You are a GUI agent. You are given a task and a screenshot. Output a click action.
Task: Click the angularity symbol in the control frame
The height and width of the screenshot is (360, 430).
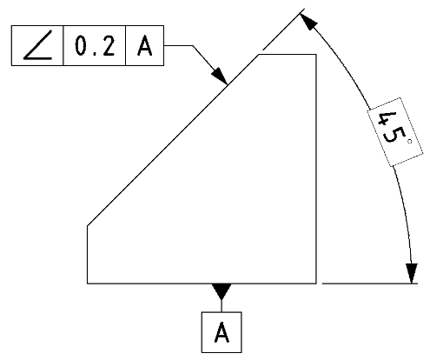point(37,45)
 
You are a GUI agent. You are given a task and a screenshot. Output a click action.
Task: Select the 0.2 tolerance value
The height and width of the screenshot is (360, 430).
point(95,45)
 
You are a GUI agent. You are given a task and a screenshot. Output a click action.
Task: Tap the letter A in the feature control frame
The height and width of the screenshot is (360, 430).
point(144,46)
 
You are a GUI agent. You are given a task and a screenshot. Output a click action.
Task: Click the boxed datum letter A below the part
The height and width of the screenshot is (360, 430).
point(222,332)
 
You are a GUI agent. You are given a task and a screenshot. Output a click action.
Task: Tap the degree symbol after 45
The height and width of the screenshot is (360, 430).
point(409,142)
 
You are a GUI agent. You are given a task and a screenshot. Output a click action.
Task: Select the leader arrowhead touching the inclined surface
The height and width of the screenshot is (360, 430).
point(220,76)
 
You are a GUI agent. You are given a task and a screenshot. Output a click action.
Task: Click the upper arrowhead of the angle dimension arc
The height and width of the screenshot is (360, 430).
point(308,22)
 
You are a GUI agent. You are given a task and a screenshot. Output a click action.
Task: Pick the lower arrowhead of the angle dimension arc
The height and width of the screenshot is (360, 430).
point(412,273)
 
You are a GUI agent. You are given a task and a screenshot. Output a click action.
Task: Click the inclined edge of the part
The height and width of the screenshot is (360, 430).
point(173,140)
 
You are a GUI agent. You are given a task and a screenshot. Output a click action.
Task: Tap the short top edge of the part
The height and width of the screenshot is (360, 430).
point(288,54)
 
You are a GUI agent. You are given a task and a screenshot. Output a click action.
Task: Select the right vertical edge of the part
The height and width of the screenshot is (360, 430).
point(316,169)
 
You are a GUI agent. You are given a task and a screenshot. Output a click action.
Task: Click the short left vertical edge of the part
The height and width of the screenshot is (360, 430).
point(88,255)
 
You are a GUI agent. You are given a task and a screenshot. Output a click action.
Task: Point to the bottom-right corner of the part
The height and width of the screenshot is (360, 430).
point(316,283)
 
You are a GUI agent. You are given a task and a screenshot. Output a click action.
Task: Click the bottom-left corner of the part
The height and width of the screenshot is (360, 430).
point(88,283)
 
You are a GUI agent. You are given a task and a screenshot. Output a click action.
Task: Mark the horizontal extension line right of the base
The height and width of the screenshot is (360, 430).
point(370,283)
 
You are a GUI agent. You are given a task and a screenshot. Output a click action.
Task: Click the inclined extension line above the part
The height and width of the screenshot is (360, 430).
point(284,30)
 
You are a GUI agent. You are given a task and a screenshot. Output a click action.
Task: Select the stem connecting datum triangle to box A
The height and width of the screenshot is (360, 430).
point(222,306)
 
